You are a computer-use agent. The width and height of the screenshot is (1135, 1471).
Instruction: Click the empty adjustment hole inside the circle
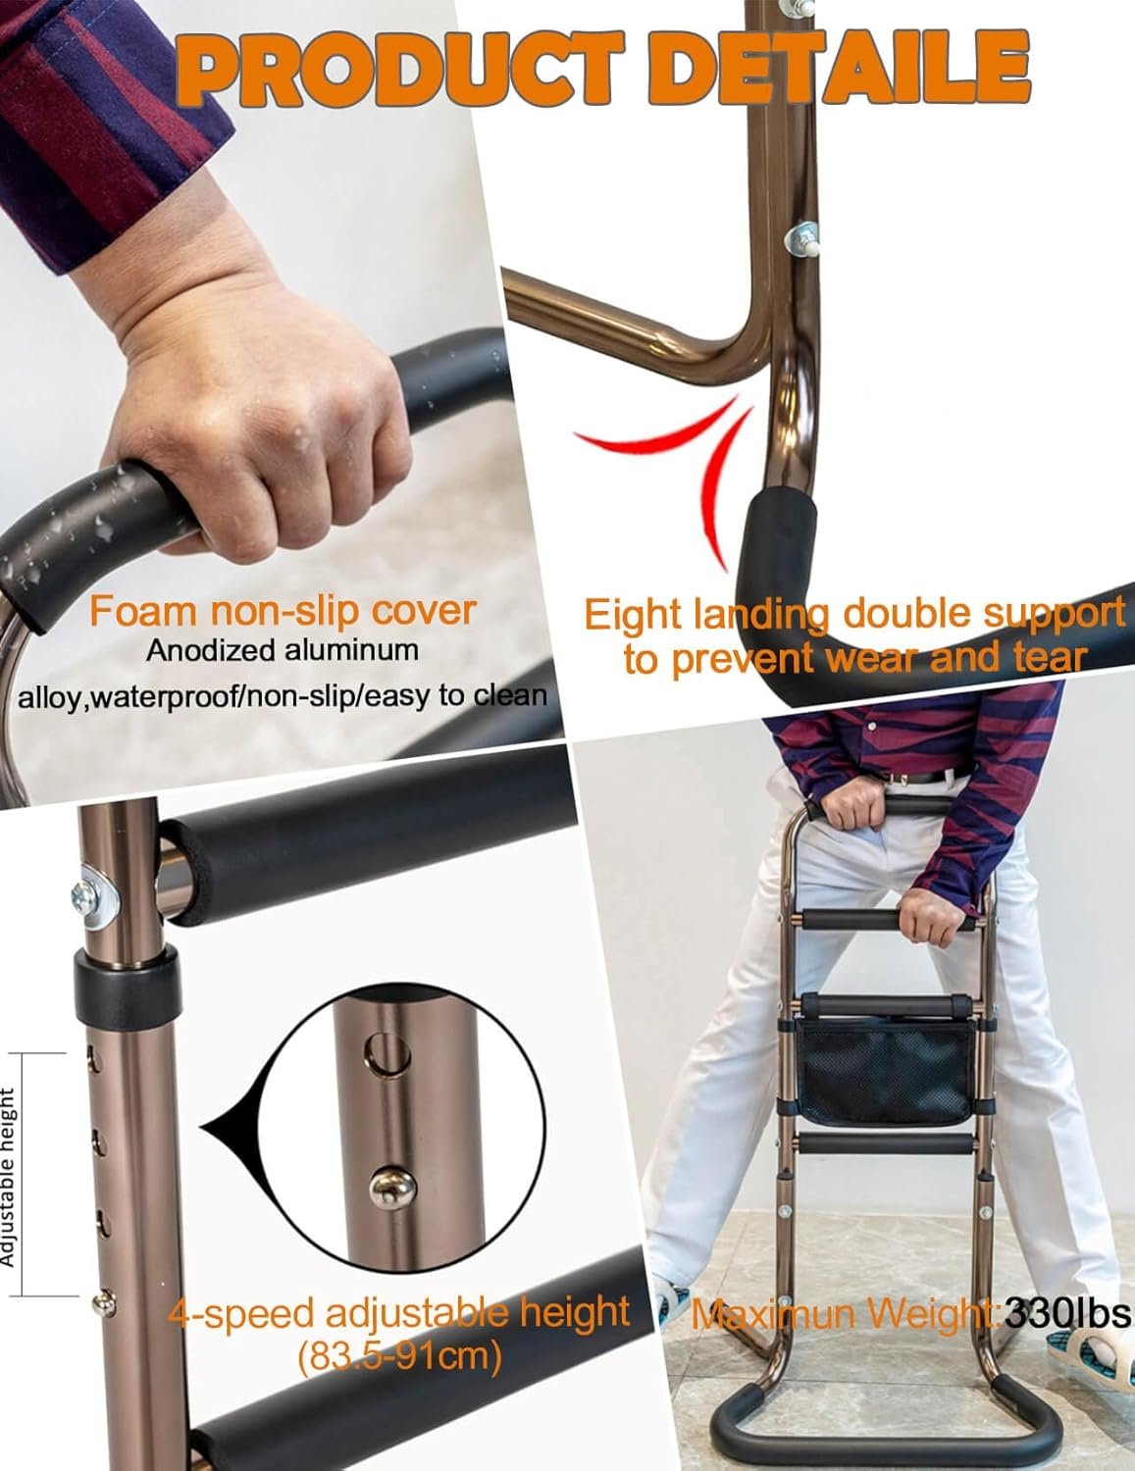click(386, 1055)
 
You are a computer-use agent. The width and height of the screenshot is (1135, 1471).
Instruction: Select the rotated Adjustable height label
click(9, 1177)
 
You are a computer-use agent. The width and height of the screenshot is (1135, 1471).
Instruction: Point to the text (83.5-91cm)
click(399, 1356)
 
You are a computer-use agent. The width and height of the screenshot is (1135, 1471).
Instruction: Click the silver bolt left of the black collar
click(84, 894)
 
